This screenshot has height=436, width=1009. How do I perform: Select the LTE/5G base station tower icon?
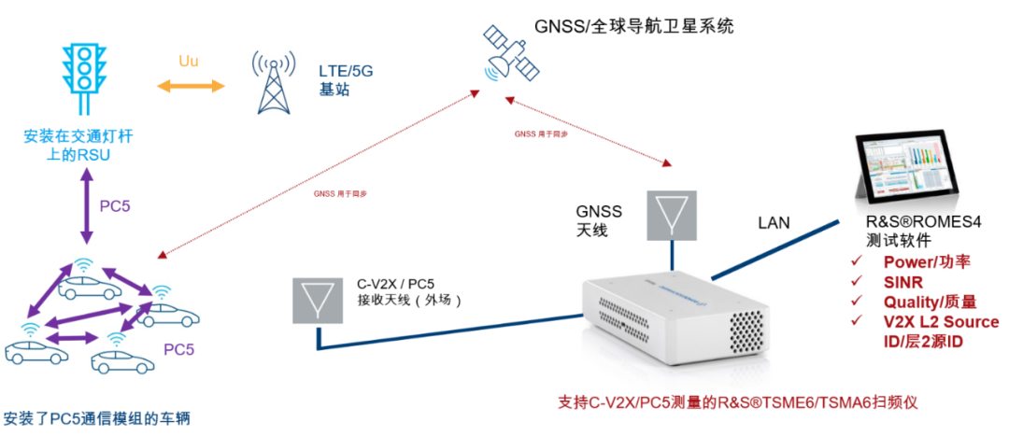(272, 82)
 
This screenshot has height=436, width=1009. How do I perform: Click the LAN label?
(775, 222)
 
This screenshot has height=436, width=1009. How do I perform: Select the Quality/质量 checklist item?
(929, 302)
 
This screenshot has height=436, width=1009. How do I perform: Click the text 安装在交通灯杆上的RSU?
(78, 146)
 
